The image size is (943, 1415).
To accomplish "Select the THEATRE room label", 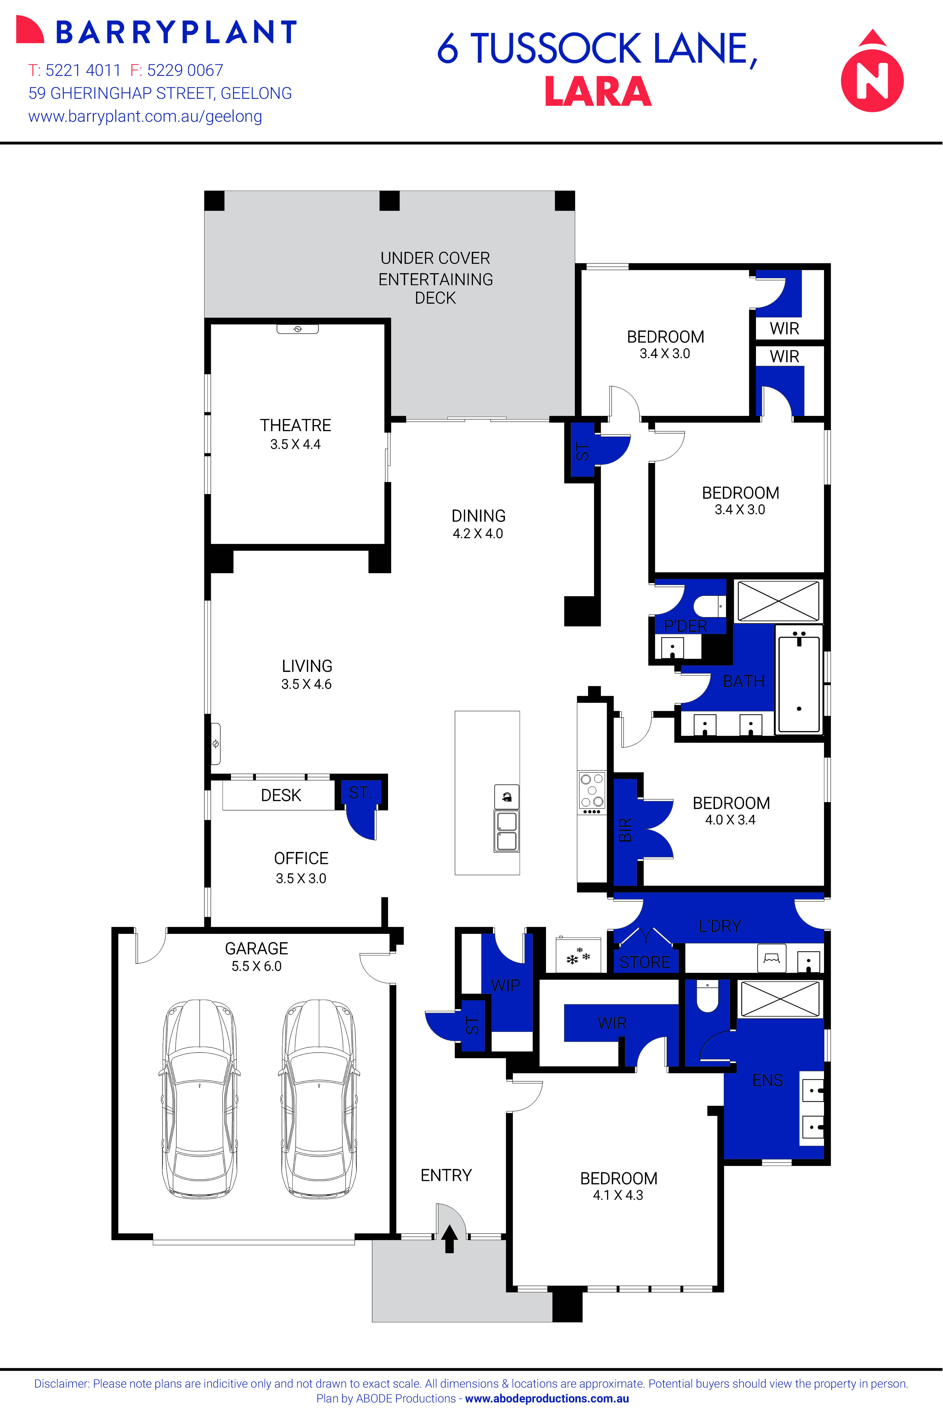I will pyautogui.click(x=295, y=426).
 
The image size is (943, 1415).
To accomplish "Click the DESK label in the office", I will pyautogui.click(x=281, y=795).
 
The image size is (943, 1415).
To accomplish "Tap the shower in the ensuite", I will pyautogui.click(x=779, y=999).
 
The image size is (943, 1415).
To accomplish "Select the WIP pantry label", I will pyautogui.click(x=505, y=985).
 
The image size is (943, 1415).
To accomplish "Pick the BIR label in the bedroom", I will pyautogui.click(x=625, y=830).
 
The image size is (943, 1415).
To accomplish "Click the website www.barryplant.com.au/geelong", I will pyautogui.click(x=145, y=117).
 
